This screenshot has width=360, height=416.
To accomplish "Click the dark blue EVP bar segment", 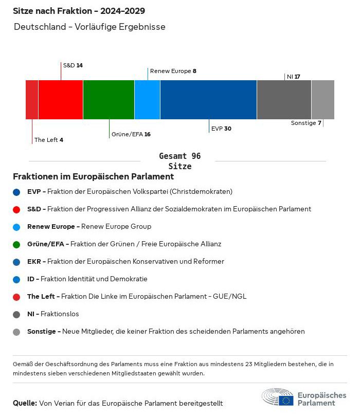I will [x=208, y=100].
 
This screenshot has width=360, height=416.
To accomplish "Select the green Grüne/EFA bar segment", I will [x=109, y=100].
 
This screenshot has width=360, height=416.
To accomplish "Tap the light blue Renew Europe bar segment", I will [x=147, y=100].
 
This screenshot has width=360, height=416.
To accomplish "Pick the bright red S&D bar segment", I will [x=61, y=100].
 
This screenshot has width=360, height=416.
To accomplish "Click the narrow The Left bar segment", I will [x=32, y=100].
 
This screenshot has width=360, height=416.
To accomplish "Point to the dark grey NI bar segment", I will [x=284, y=100].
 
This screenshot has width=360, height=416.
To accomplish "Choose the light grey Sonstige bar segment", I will [x=323, y=100].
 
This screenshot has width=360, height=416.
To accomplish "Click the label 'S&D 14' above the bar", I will [x=73, y=65].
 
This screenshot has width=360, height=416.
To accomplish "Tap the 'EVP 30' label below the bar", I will [x=221, y=129].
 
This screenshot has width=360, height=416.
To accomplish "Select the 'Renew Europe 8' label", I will [x=173, y=71].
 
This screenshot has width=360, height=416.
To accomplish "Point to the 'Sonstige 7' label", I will [x=306, y=123].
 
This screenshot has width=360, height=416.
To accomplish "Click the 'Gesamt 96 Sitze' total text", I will [x=180, y=161].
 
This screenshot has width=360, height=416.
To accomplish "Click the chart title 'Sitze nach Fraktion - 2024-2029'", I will [x=79, y=11].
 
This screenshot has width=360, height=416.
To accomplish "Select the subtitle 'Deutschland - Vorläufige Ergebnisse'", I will [x=90, y=27].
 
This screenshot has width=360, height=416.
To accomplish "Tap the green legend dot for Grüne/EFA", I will [x=16, y=244].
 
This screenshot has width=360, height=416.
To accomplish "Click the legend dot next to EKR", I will [x=16, y=262].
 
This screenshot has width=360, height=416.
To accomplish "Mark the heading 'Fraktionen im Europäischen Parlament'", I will [x=94, y=176].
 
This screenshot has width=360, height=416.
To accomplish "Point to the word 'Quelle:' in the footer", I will [x=25, y=403].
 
